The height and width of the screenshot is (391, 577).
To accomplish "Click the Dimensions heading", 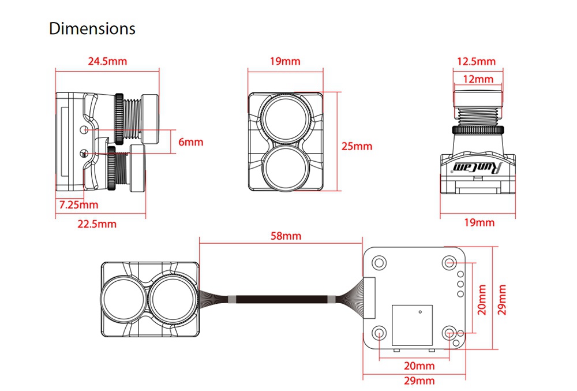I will click(x=92, y=28).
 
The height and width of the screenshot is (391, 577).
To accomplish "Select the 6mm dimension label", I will click(x=190, y=142).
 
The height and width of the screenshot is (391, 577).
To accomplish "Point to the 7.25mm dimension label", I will click(x=79, y=204).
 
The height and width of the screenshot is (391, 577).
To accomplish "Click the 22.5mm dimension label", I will click(x=97, y=224).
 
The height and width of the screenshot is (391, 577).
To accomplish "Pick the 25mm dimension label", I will click(x=357, y=146).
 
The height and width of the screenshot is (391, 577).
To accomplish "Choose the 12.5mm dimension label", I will click(x=476, y=61).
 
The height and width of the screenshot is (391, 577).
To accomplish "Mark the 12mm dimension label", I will click(x=477, y=79).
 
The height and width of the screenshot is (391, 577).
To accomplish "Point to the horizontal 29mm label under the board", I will click(x=419, y=381).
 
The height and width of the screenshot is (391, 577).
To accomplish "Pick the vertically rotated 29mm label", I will click(x=502, y=299).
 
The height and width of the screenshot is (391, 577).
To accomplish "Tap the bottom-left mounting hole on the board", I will click(x=379, y=333).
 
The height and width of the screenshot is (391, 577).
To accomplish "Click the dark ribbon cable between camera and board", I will click(x=281, y=300).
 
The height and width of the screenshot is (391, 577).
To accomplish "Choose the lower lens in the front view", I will click(x=283, y=166).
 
